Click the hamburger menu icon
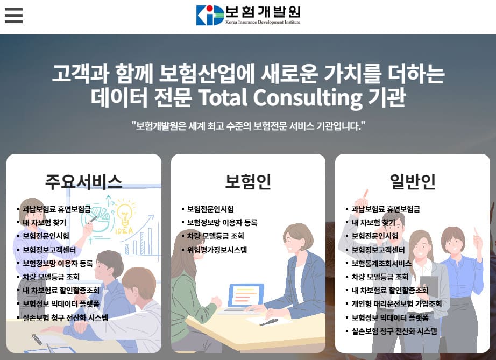tap(13, 15)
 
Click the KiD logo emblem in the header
tap(210, 15)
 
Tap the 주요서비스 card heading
tap(83, 182)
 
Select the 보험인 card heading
tap(248, 182)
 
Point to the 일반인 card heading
tap(413, 182)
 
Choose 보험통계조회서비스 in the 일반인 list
tap(381, 263)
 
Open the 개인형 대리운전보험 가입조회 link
tap(396, 304)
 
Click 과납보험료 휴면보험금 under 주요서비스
tap(57, 208)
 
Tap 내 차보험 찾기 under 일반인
tap(373, 222)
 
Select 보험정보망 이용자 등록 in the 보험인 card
tap(222, 222)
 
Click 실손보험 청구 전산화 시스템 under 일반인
tap(394, 331)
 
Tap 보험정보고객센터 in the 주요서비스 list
tap(49, 250)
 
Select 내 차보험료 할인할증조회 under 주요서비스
tap(61, 290)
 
